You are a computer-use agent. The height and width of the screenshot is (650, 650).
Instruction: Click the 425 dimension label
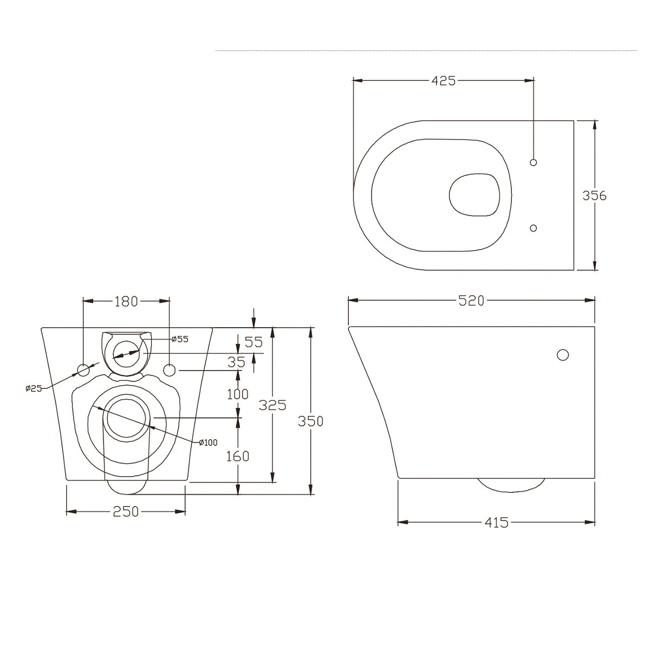(x=443, y=81)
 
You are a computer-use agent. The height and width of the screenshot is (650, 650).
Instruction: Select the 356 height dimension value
(x=594, y=196)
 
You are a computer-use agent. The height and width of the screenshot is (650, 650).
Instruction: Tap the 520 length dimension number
(x=471, y=301)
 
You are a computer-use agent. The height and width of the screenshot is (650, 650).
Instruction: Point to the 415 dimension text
(x=496, y=523)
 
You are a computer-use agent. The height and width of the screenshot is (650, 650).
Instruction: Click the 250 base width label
(x=126, y=512)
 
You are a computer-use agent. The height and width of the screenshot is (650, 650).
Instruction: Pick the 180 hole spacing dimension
(x=126, y=302)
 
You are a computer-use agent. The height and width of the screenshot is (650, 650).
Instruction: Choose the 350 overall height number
(x=311, y=421)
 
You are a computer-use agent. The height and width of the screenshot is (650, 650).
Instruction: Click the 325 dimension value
(x=272, y=405)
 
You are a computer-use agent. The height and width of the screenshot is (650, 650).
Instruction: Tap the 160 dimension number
(x=238, y=457)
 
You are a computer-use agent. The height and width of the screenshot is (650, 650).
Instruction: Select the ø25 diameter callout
(x=34, y=388)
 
